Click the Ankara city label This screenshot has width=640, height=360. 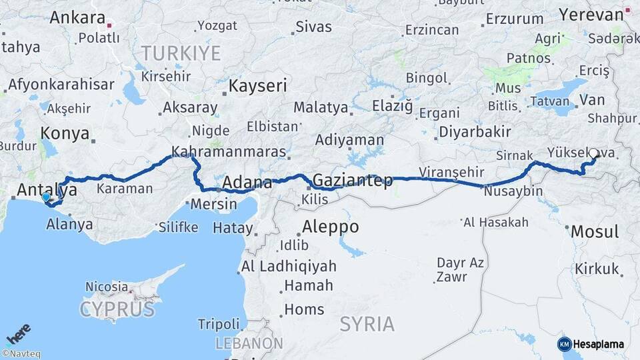coord(77,17)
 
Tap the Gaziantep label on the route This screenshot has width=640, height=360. coord(352,180)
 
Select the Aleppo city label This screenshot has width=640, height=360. coord(330,227)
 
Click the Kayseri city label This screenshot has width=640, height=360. coord(257,86)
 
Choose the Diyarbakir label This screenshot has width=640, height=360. coord(474,131)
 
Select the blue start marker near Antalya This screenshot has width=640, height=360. coord(45,197)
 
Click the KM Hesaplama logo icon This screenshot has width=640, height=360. coord(564,344)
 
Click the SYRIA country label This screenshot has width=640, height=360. coord(367,325)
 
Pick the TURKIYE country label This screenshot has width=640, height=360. coord(181,53)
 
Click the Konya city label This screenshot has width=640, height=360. coord(65,133)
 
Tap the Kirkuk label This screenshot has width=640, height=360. coord(597,269)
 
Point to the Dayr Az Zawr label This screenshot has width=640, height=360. coord(460,269)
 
